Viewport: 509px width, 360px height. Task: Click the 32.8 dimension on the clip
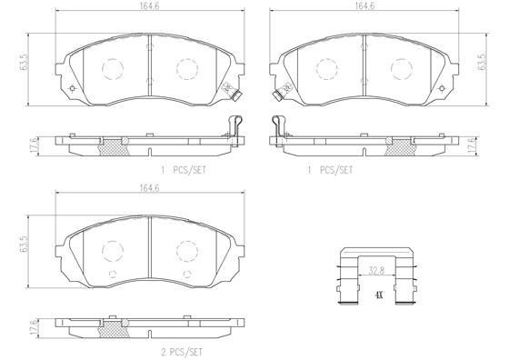pos(376,271)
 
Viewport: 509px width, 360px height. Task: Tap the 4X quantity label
pos(379,295)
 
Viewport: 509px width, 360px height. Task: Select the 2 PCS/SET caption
pos(182,352)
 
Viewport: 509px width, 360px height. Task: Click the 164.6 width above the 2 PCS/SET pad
pos(150,188)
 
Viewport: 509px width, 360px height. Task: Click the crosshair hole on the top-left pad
pos(72,88)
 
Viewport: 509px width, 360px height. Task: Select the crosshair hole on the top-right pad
pos(442,88)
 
